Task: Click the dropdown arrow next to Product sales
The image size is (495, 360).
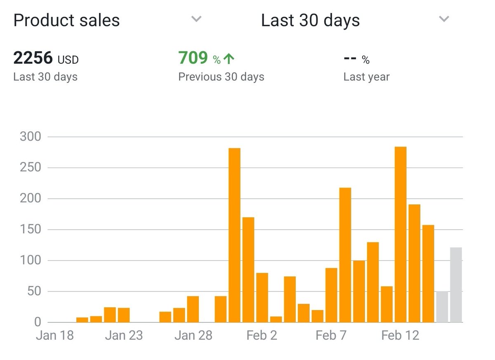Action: tap(197, 19)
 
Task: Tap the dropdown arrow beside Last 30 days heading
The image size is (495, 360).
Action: tap(444, 19)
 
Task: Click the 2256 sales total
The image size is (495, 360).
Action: tap(33, 58)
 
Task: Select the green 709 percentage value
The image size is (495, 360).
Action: tap(193, 58)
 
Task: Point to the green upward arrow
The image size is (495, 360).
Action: tap(229, 59)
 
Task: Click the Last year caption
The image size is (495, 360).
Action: tap(366, 77)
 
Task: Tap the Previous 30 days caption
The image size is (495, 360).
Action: tap(221, 77)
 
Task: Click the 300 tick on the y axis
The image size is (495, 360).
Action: tap(31, 137)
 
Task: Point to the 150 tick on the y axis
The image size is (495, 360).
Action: tap(31, 230)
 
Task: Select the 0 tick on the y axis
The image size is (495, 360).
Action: tap(38, 322)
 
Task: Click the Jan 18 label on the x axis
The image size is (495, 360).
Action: tap(55, 335)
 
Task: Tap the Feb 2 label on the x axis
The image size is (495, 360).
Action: tap(262, 335)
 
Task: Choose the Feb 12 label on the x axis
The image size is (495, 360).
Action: tap(400, 335)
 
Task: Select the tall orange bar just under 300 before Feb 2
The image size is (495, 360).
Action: tap(234, 235)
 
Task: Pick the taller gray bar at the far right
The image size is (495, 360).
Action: tap(456, 285)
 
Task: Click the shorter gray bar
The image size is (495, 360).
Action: tap(442, 307)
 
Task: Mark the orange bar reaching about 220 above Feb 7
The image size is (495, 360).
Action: tap(345, 255)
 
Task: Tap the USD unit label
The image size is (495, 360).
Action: tap(68, 60)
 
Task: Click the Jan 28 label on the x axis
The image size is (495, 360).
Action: tap(193, 335)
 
